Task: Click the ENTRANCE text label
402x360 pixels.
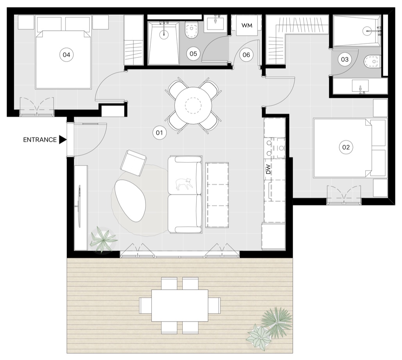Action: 40,140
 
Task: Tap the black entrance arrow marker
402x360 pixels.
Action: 63,140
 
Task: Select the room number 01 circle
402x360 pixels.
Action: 160,133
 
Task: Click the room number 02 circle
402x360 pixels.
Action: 346,147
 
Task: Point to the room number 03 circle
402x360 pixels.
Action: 345,59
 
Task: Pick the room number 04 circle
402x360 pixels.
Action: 66,55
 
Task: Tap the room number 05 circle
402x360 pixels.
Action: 193,53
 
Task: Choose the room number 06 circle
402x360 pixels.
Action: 246,55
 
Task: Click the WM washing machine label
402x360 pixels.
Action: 247,25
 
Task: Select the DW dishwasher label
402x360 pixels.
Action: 269,169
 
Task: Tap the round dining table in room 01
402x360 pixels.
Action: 193,105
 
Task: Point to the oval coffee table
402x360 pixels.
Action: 130,200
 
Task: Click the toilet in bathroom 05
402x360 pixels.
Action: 192,30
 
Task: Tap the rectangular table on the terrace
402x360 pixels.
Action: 180,305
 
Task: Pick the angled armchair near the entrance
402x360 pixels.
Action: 133,163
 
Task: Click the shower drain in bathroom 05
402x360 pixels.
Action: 163,34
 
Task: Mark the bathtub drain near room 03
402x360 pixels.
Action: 367,31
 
